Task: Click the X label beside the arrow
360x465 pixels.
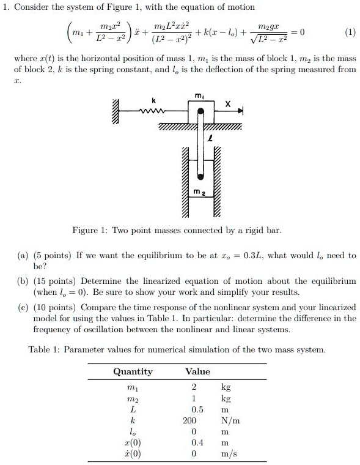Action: (x=227, y=105)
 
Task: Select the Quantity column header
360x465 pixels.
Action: (x=133, y=371)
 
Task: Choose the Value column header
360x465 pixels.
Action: (x=197, y=371)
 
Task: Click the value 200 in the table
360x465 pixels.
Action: (x=189, y=421)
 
